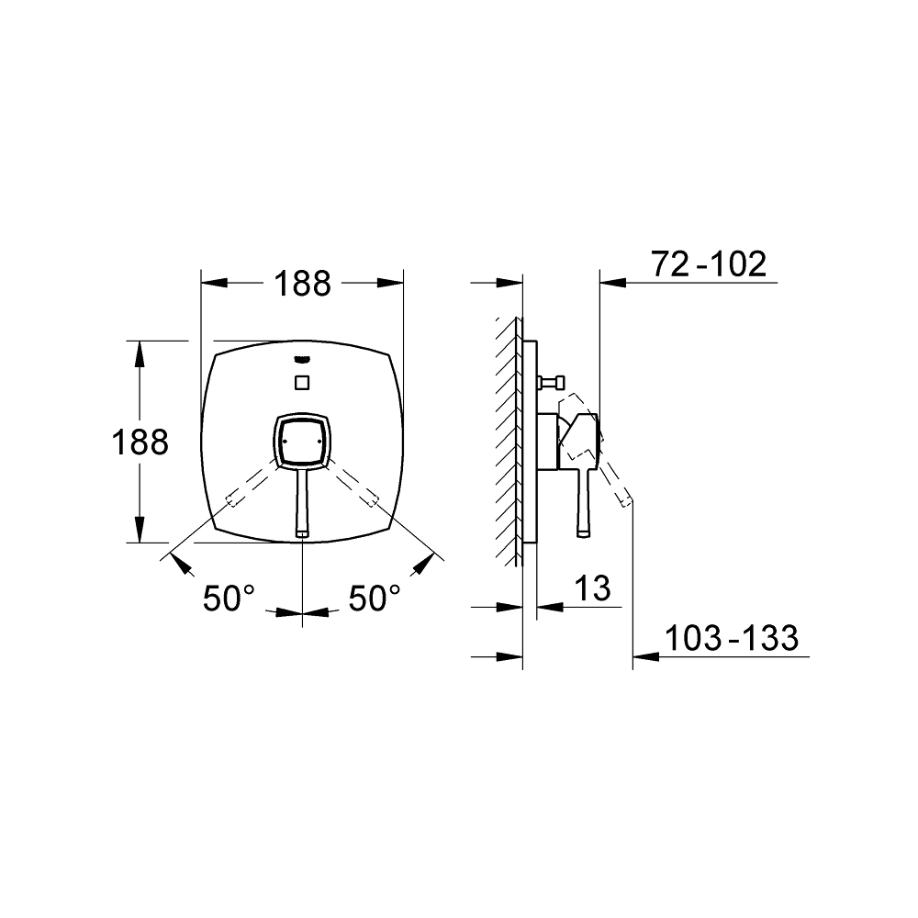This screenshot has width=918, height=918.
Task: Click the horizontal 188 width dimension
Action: (303, 284)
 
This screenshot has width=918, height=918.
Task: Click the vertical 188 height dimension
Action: (140, 442)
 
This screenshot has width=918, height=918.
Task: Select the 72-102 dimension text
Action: (709, 264)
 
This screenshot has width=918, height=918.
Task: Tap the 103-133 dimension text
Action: (732, 638)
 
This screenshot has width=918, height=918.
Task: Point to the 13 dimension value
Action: (592, 588)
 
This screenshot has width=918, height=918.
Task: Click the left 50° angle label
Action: (229, 599)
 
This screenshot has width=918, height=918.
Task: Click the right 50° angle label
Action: (375, 599)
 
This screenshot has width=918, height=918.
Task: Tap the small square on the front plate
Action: (302, 383)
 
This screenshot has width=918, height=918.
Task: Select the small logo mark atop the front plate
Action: (302, 360)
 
